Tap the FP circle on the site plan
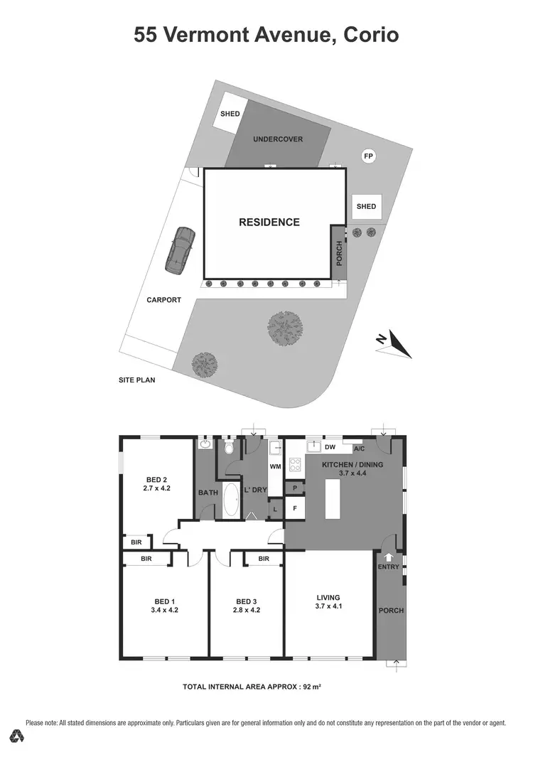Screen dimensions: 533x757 (x=368, y=156)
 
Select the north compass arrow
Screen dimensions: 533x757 (x=394, y=343)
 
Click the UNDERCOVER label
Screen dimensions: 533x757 (x=278, y=139)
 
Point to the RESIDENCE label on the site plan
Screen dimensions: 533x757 (x=269, y=222)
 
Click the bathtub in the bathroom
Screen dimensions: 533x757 (x=232, y=500)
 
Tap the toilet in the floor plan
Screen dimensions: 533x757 (x=229, y=449)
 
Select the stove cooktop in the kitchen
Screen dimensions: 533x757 (x=295, y=466)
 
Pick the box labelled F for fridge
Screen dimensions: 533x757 (x=294, y=508)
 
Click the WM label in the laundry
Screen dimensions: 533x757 (x=275, y=467)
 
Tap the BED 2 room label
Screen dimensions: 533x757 (x=156, y=479)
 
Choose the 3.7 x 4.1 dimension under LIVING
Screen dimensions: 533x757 (x=329, y=606)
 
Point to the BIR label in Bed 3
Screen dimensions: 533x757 (x=264, y=559)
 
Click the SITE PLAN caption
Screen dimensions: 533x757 (x=136, y=380)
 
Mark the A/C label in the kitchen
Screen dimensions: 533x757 (x=358, y=449)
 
